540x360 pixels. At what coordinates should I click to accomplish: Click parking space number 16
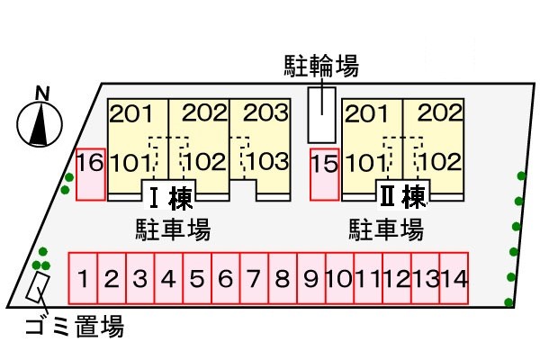[x=90, y=174]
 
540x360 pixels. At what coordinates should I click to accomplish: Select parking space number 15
[x=324, y=174]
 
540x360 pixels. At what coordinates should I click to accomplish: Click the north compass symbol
[x=39, y=121]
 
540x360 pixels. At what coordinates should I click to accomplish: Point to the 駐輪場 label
[x=321, y=65]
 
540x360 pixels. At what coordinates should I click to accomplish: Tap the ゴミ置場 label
[x=73, y=327]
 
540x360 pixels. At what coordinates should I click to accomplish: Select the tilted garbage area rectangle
[x=37, y=288]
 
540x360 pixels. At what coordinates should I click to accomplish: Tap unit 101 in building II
[x=366, y=163]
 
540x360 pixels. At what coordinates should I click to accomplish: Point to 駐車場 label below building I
[x=173, y=229]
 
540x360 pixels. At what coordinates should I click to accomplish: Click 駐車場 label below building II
[x=385, y=229]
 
